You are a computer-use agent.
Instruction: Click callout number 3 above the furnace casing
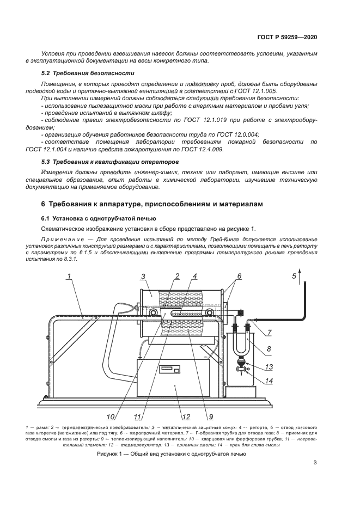tap(143, 277)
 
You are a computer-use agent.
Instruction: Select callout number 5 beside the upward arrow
tap(294, 276)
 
